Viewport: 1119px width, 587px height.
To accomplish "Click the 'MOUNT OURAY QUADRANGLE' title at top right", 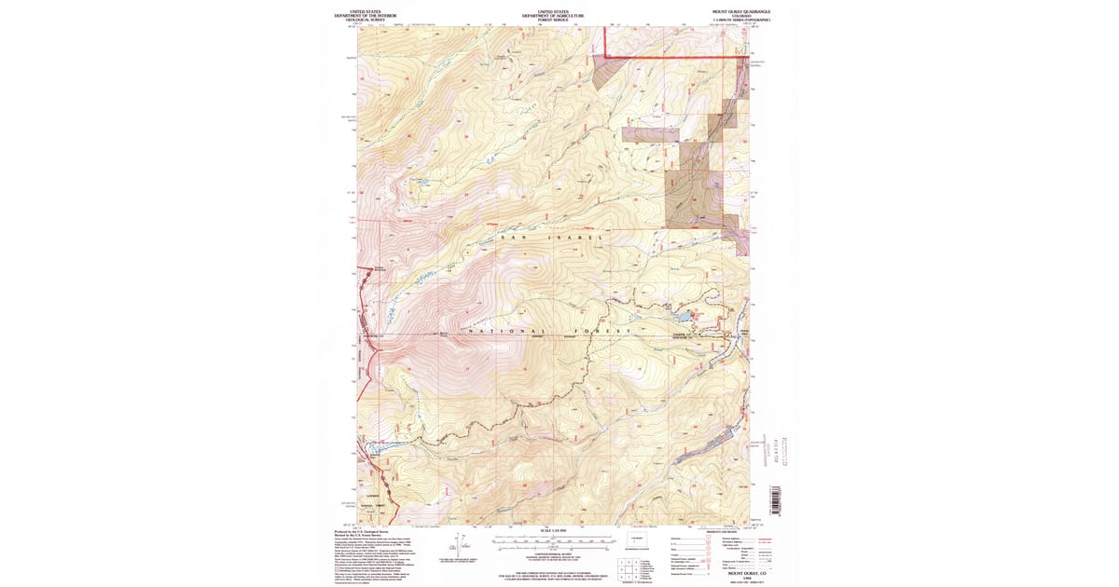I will (x=741, y=12).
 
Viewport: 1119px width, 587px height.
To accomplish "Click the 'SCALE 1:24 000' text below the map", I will (x=553, y=530).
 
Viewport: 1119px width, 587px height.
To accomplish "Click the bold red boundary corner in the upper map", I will (x=606, y=56).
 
